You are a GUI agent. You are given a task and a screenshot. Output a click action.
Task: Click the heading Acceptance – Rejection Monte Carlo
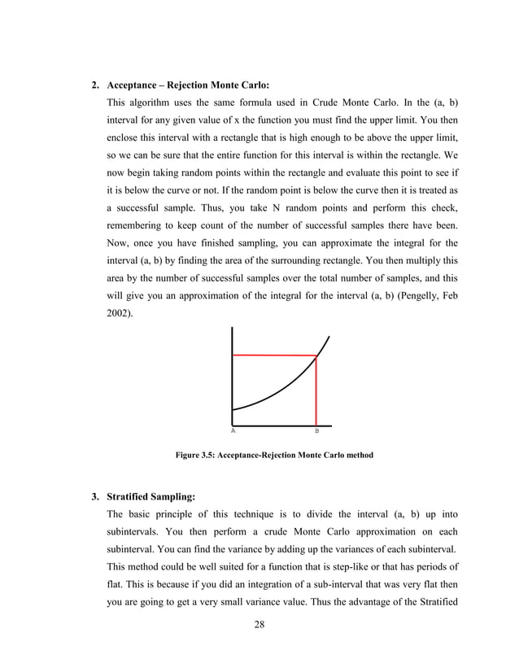tap(188, 85)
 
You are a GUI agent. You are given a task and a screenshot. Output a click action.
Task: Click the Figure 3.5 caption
tap(274, 456)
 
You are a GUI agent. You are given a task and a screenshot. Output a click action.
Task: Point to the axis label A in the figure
tap(233, 430)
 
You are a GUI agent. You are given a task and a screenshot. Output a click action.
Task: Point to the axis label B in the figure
tap(316, 430)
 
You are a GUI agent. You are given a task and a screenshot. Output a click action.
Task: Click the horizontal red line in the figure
tap(273, 355)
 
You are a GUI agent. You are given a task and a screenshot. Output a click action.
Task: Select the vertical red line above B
tap(316, 391)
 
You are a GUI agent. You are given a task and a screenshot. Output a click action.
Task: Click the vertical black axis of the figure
tap(233, 374)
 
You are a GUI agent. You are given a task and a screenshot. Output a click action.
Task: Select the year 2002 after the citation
tap(118, 312)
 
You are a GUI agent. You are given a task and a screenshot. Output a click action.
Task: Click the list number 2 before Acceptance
tap(94, 85)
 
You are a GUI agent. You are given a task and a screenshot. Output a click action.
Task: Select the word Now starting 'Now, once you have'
tap(119, 243)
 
